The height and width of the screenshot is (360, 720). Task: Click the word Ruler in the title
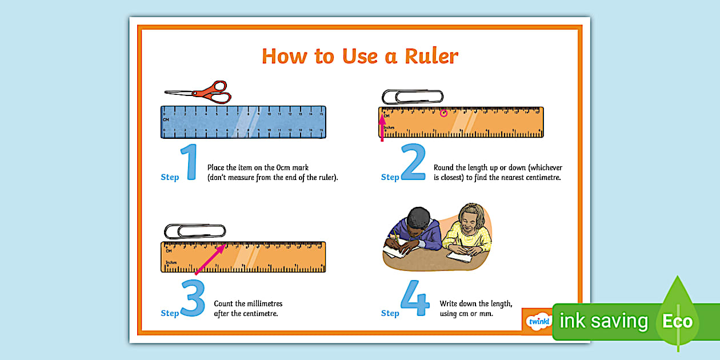[423, 57]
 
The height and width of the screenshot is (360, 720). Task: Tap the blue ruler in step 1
[243, 122]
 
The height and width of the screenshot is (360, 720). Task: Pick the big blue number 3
[193, 298]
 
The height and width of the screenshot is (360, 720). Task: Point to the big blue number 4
[414, 298]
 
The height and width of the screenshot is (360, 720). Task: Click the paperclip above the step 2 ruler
[413, 97]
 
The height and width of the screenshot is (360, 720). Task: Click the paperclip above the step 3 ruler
[194, 231]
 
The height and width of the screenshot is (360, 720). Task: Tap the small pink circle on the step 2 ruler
[443, 113]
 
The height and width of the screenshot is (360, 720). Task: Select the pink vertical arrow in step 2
[382, 126]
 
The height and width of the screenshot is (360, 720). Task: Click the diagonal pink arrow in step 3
[210, 259]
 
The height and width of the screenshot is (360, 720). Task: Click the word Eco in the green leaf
[677, 321]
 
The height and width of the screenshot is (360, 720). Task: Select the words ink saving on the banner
[603, 321]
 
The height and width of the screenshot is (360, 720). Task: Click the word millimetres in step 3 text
[260, 303]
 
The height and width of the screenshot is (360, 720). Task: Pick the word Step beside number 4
[390, 313]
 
